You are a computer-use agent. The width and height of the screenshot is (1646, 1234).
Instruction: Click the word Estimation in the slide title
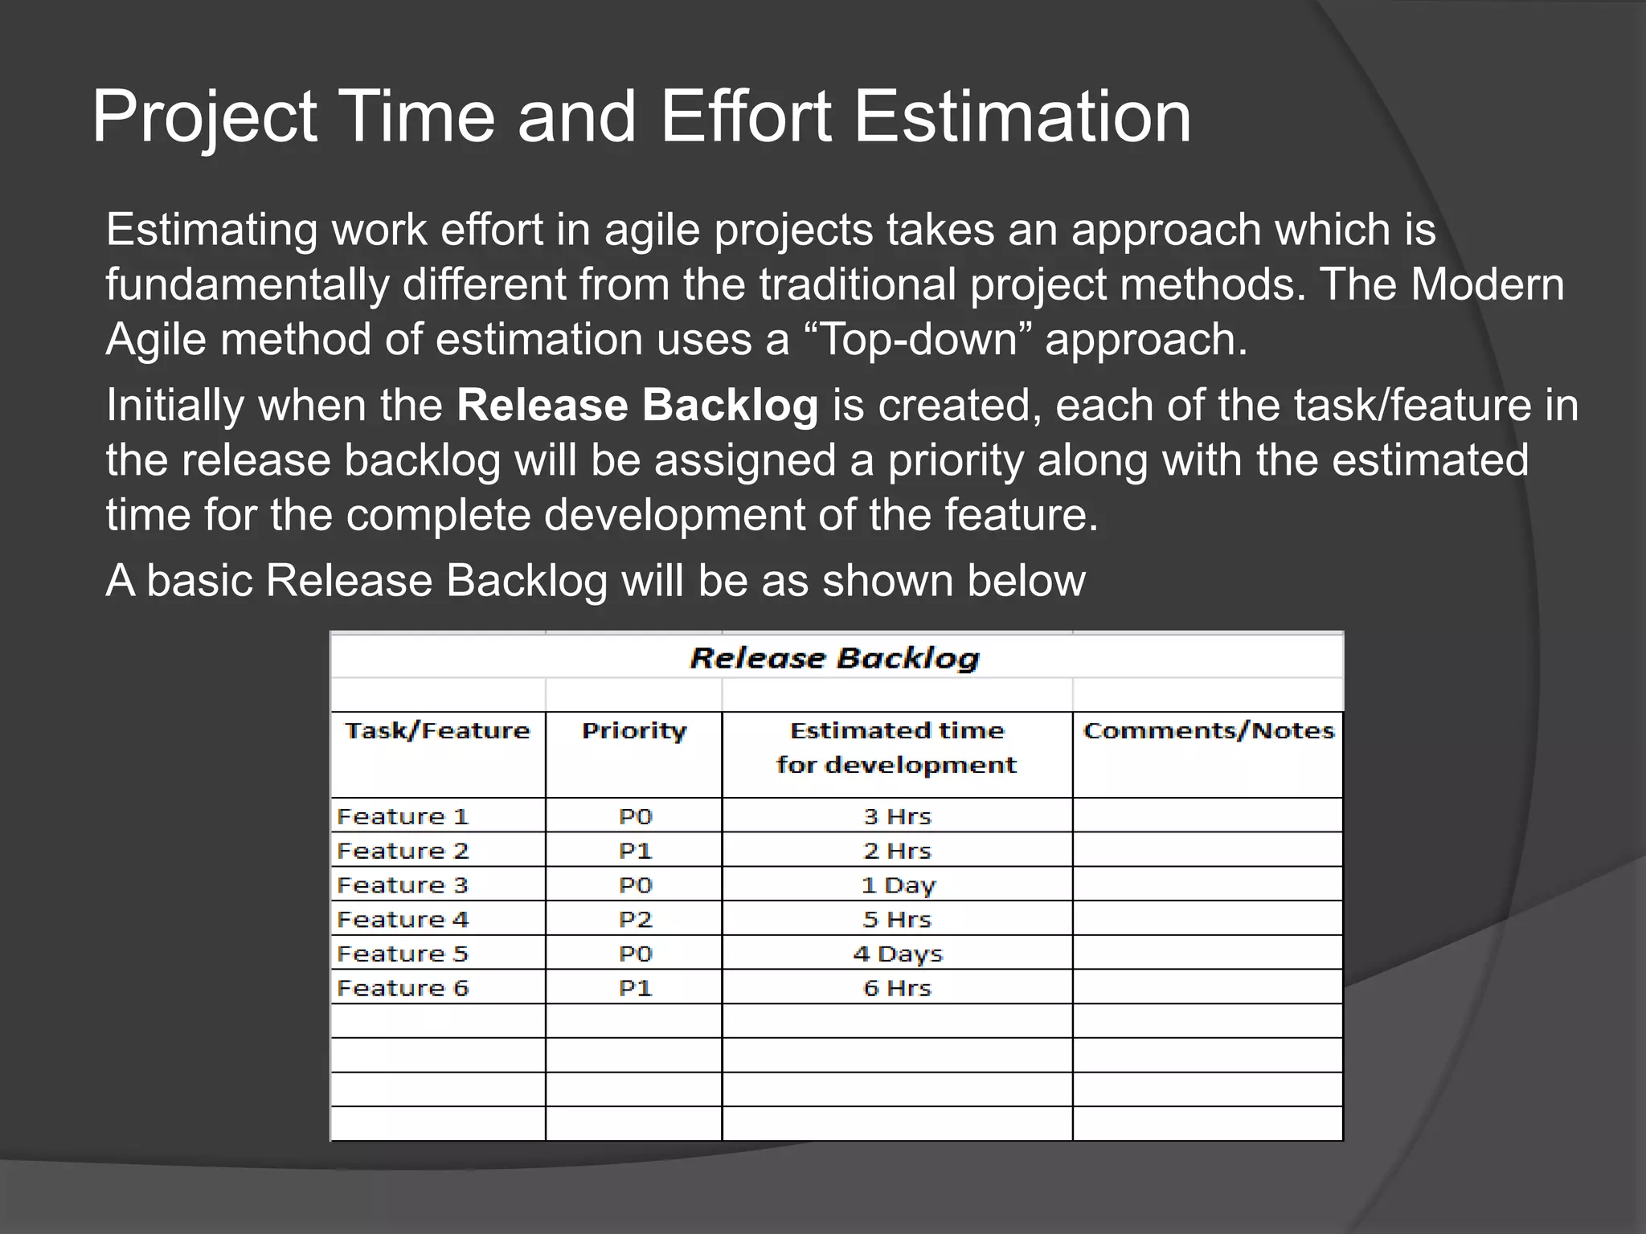pyautogui.click(x=1022, y=117)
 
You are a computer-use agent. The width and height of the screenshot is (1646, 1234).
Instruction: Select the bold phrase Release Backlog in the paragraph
pyautogui.click(x=637, y=405)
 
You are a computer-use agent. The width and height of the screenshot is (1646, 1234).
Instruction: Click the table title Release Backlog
pyautogui.click(x=835, y=659)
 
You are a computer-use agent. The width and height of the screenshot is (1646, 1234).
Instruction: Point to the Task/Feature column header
pyautogui.click(x=438, y=731)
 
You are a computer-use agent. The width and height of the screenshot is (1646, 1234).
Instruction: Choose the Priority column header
pyautogui.click(x=634, y=731)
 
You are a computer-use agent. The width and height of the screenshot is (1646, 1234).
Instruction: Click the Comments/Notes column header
pyautogui.click(x=1208, y=731)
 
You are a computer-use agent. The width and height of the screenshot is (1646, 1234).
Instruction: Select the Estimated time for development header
pyautogui.click(x=897, y=747)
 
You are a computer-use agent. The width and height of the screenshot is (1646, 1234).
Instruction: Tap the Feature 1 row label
pyautogui.click(x=403, y=817)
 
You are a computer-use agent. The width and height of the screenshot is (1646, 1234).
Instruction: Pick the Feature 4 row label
pyautogui.click(x=403, y=920)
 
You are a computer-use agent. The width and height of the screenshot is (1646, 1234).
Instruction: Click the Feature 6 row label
pyautogui.click(x=403, y=988)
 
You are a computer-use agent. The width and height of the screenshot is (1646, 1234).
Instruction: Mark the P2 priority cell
pyautogui.click(x=635, y=920)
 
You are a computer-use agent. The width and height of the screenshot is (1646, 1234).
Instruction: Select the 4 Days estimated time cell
pyautogui.click(x=897, y=954)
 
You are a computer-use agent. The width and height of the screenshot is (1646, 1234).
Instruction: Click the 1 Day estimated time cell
pyautogui.click(x=898, y=885)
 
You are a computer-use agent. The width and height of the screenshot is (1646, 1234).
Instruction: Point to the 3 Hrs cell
pyautogui.click(x=897, y=817)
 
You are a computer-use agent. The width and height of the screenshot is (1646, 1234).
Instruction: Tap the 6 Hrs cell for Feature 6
pyautogui.click(x=897, y=988)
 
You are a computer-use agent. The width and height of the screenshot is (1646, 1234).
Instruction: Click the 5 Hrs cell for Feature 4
pyautogui.click(x=897, y=920)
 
